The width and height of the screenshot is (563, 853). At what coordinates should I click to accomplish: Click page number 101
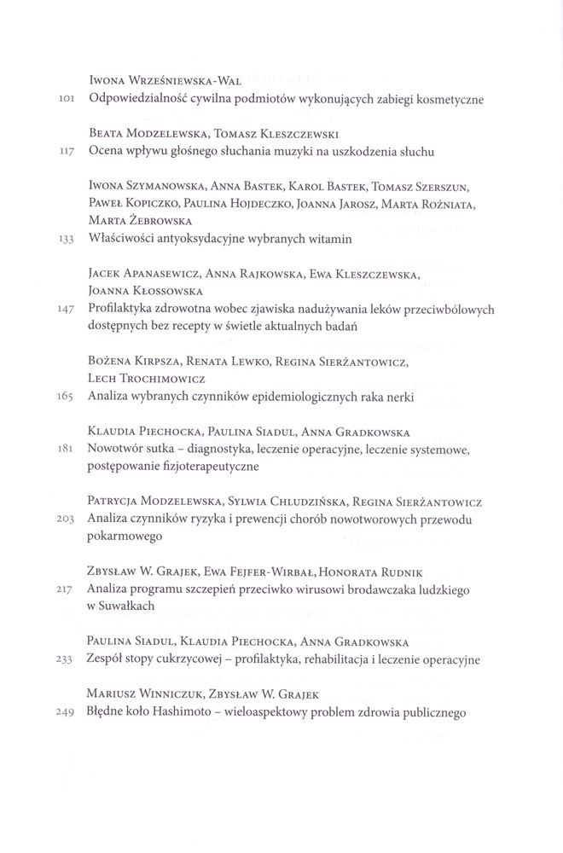pos(68,100)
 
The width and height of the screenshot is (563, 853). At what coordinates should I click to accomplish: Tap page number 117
pos(68,152)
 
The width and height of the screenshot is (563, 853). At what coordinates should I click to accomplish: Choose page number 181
pos(70,449)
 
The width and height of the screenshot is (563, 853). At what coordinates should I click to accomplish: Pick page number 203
pos(68,519)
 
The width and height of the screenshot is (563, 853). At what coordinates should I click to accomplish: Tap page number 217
pos(68,589)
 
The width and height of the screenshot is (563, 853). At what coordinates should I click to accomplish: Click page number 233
pos(68,659)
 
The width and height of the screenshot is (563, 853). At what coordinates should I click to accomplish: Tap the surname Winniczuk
pos(173,694)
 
